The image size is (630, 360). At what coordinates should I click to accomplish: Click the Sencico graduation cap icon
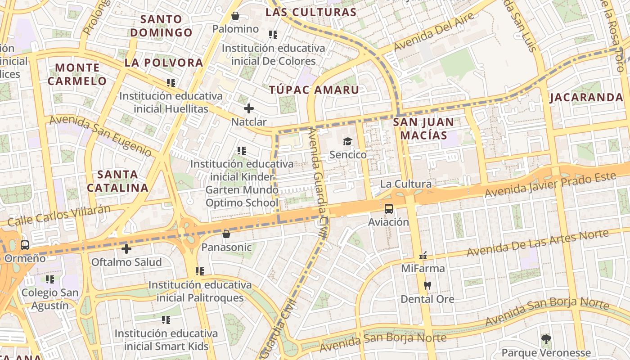click(x=347, y=142)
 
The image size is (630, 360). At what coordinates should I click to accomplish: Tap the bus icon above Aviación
click(x=389, y=209)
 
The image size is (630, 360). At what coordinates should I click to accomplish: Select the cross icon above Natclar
click(x=248, y=108)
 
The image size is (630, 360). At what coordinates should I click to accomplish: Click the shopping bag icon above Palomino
click(x=235, y=16)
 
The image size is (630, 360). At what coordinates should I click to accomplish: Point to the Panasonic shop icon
click(x=226, y=234)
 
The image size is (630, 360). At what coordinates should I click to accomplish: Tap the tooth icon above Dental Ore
click(x=427, y=285)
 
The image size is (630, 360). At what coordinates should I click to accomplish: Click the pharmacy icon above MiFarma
click(x=423, y=256)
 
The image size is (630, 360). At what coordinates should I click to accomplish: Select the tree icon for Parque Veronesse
click(x=546, y=339)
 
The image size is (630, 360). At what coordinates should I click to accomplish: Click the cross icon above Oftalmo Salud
click(x=126, y=248)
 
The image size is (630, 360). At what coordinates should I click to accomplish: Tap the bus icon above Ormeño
click(x=25, y=245)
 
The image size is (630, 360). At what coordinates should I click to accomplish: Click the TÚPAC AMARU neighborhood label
click(x=314, y=90)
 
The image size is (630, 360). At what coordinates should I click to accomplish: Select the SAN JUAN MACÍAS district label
click(x=423, y=129)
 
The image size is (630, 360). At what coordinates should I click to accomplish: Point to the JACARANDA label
click(x=586, y=98)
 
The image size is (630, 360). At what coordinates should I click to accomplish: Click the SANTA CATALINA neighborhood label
click(x=117, y=181)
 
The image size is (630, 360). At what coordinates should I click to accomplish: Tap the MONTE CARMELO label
click(x=77, y=75)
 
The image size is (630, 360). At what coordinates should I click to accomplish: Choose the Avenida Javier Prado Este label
click(x=549, y=184)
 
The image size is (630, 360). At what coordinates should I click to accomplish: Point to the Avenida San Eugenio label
click(x=100, y=135)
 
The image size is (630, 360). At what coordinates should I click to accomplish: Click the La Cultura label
click(x=405, y=184)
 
